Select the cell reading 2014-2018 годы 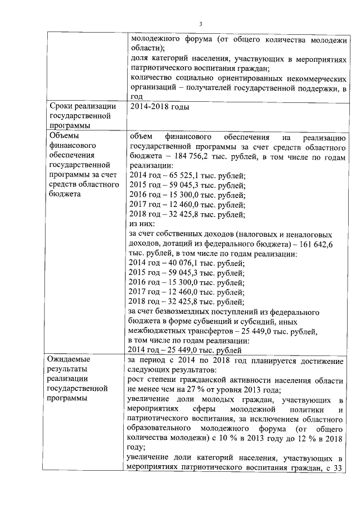click(159, 107)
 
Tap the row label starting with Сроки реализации click(83, 107)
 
